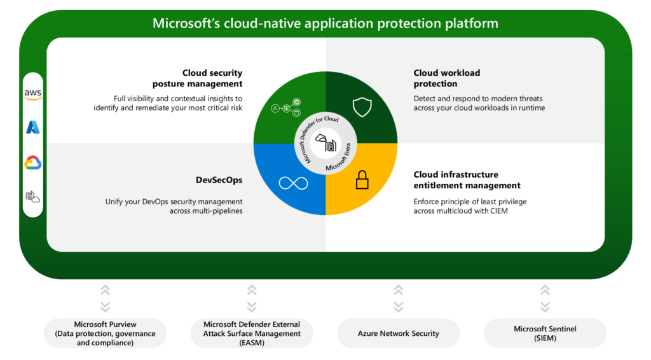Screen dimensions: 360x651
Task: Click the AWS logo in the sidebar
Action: pyautogui.click(x=33, y=93)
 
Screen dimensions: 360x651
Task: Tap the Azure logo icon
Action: pyautogui.click(x=33, y=127)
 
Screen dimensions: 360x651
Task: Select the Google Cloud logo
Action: pyautogui.click(x=33, y=163)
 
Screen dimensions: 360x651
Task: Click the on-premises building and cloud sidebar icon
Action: pyautogui.click(x=33, y=197)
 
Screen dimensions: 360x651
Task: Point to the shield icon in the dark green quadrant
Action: pyautogui.click(x=362, y=107)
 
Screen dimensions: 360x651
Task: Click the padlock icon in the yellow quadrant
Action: pyautogui.click(x=362, y=180)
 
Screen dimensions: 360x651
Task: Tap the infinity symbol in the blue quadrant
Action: pyautogui.click(x=293, y=183)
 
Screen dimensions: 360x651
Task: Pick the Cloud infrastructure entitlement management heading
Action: pyautogui.click(x=467, y=180)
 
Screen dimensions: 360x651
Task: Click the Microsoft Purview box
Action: pyautogui.click(x=105, y=333)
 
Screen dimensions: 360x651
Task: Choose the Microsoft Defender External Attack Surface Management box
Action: pyautogui.click(x=252, y=333)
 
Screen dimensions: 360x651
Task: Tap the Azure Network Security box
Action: pyautogui.click(x=398, y=333)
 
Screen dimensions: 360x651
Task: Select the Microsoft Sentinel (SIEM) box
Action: pyautogui.click(x=545, y=333)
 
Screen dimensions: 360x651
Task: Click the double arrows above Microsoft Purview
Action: pyautogui.click(x=106, y=298)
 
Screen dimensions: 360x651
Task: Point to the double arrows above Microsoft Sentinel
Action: pyautogui.click(x=545, y=298)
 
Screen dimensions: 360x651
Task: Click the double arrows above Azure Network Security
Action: pyautogui.click(x=399, y=298)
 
